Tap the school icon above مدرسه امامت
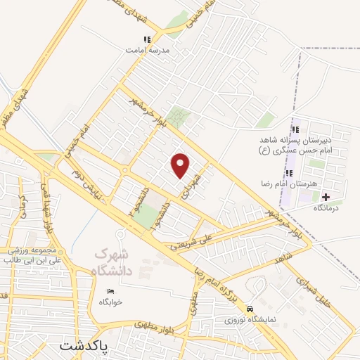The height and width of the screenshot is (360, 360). [x=146, y=40]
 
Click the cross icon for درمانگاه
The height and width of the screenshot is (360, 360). [x=326, y=197]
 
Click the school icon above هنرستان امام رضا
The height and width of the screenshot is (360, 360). [x=289, y=172]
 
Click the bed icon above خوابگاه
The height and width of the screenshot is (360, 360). [x=110, y=291]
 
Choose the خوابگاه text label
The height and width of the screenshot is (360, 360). [x=111, y=302]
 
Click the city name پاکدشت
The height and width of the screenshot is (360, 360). [x=85, y=347]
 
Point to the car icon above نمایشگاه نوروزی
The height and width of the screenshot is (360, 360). [x=250, y=309]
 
